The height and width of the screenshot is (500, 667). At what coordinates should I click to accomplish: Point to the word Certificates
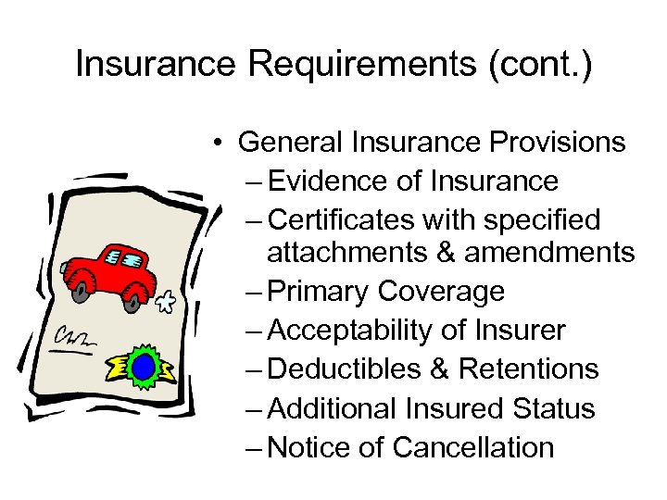tap(342, 220)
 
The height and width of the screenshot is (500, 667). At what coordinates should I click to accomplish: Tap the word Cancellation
tap(473, 447)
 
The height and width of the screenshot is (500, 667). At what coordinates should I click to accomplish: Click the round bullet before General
tap(214, 144)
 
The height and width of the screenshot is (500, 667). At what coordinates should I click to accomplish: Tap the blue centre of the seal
tap(143, 368)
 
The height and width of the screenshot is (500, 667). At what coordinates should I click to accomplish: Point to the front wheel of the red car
tap(134, 299)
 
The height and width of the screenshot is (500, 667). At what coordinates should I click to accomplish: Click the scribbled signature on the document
tap(74, 339)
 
